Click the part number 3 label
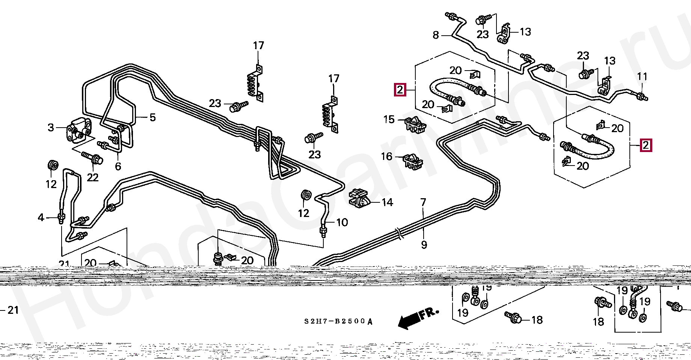click(x=51, y=128)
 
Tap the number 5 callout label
click(x=152, y=117)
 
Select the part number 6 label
click(x=118, y=166)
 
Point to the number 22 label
click(x=92, y=177)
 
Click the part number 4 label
click(x=41, y=217)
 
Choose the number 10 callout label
click(x=342, y=222)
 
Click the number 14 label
click(x=387, y=203)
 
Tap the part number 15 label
click(x=389, y=120)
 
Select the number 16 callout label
click(x=387, y=156)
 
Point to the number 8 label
click(x=436, y=35)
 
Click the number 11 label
click(x=642, y=77)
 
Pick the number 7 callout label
click(x=424, y=203)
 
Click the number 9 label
click(x=424, y=245)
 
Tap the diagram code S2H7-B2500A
click(x=338, y=321)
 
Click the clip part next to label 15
click(x=415, y=124)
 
